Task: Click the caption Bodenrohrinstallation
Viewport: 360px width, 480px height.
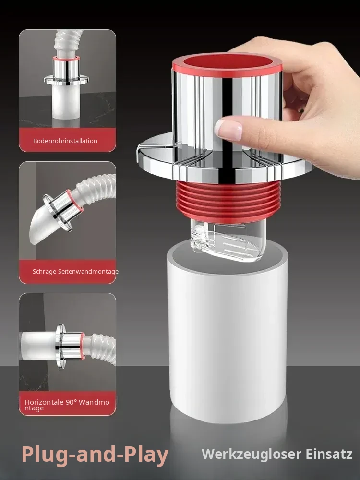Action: pos(65,141)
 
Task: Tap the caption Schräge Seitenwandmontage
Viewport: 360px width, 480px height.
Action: pos(75,272)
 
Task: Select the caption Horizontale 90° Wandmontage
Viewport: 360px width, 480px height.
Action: pos(67,405)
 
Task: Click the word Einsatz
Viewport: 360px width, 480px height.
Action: pos(329,454)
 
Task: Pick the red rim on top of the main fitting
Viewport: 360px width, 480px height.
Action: pos(227,65)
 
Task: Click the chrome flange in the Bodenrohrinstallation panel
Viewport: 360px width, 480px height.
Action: pos(66,80)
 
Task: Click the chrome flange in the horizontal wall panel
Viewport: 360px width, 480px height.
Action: pos(61,346)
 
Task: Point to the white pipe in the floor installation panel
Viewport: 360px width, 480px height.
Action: pos(66,103)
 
